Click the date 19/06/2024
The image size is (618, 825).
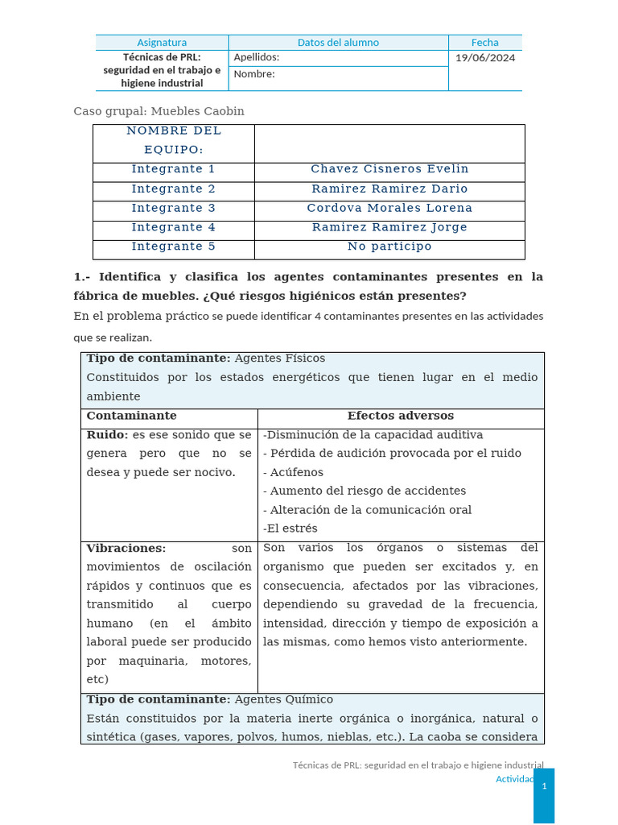485,57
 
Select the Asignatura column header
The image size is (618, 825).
162,43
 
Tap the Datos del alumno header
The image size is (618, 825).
338,43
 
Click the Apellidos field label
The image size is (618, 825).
256,57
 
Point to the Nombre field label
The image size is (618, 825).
253,74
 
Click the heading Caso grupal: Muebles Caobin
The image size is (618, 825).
159,111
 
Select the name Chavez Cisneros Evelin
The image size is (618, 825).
389,169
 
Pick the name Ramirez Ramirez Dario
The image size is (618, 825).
389,189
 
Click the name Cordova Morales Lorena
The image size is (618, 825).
389,208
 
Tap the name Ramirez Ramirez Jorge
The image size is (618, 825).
389,227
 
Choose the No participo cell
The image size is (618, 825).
389,247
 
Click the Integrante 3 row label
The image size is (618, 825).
173,208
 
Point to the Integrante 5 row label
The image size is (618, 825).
173,247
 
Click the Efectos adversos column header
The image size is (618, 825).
400,416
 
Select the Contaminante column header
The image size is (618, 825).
131,416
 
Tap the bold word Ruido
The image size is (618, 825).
107,435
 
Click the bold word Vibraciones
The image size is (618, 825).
126,548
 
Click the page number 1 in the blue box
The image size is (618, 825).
544,786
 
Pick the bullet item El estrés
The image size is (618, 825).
291,529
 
